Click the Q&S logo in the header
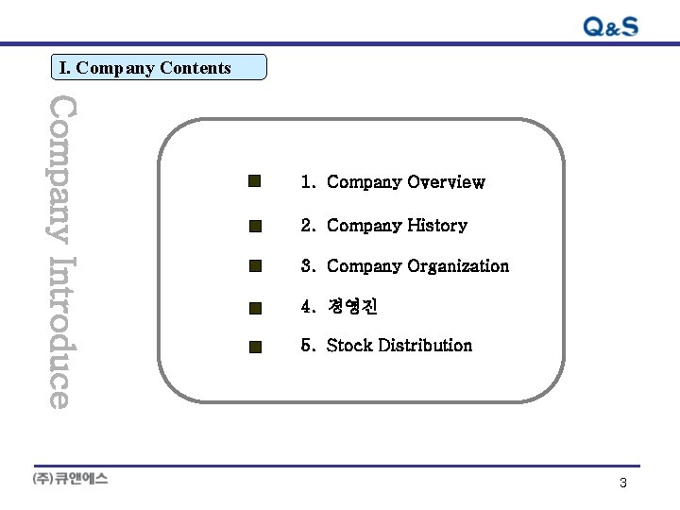click(610, 26)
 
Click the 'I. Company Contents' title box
click(159, 67)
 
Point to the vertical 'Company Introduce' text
click(59, 250)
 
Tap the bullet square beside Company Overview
click(254, 180)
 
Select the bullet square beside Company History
click(254, 226)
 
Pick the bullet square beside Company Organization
click(254, 266)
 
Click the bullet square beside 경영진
click(254, 307)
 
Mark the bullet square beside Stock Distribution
click(254, 347)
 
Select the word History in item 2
click(437, 226)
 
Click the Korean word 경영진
click(352, 307)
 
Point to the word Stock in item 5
click(348, 346)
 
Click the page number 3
click(623, 483)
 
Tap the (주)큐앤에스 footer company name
click(71, 479)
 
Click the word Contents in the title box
click(195, 68)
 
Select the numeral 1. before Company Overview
click(308, 182)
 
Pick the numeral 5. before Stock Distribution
click(308, 346)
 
